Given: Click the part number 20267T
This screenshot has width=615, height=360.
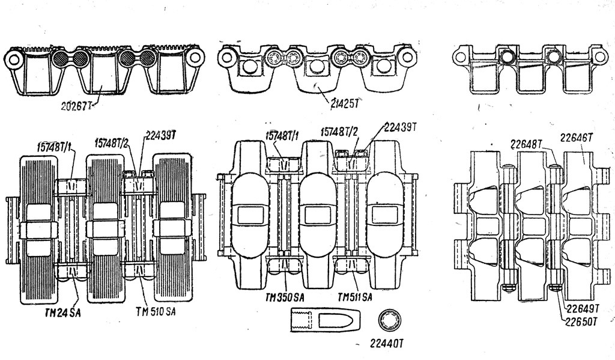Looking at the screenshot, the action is (76, 106).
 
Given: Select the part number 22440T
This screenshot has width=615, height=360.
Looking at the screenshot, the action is (387, 344).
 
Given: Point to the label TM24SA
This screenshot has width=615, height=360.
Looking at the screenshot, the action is (64, 313).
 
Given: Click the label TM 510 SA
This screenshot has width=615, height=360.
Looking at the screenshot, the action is (156, 312).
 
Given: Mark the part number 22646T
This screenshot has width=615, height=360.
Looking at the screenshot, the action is (575, 138).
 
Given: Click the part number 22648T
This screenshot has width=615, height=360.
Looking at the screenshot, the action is (526, 144).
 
